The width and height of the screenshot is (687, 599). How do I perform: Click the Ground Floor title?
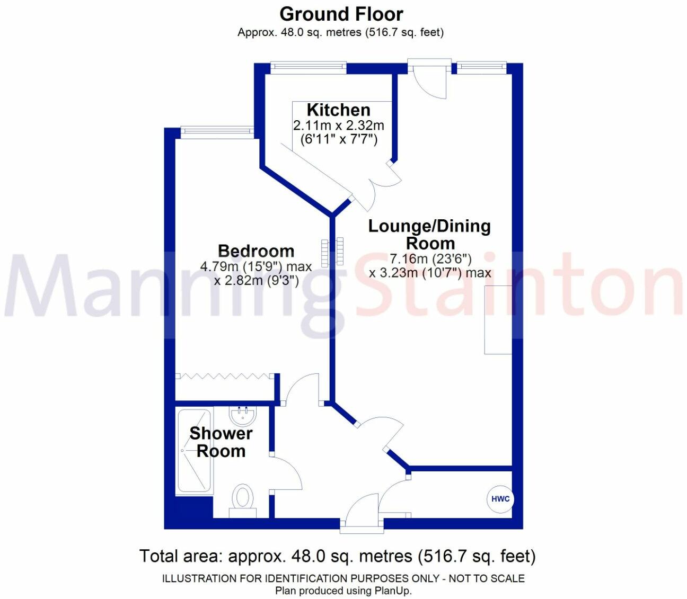[341, 14]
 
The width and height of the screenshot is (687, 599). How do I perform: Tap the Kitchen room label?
[338, 110]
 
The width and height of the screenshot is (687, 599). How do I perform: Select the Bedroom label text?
[256, 251]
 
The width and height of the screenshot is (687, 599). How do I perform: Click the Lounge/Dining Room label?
[430, 234]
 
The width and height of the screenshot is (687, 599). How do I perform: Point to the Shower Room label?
[221, 442]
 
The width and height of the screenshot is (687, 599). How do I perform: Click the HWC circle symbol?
[500, 499]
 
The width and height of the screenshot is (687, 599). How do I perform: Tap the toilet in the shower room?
[243, 498]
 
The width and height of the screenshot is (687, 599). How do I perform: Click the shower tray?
[193, 451]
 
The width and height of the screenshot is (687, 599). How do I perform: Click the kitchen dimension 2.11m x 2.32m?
[338, 126]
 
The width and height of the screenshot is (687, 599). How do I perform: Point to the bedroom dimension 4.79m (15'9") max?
[256, 266]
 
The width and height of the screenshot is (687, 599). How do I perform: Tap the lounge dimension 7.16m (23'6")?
[430, 259]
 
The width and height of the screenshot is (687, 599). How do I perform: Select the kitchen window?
[308, 67]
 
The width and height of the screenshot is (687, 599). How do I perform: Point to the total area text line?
[338, 556]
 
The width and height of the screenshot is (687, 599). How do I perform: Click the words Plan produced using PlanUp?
[343, 590]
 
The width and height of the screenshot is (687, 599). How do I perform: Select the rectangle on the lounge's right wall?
[498, 319]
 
